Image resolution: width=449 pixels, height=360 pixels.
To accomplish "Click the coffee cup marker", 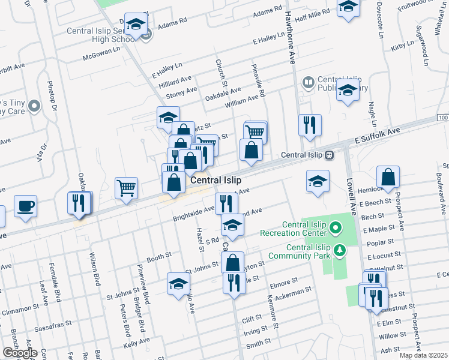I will [x=25, y=206].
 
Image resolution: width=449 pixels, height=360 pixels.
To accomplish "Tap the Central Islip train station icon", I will [x=329, y=155].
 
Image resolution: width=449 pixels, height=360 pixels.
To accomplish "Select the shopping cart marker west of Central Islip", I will [x=127, y=188].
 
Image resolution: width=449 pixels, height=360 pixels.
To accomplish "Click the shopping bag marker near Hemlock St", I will [x=388, y=177].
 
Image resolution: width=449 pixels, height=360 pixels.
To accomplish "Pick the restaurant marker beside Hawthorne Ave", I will [x=310, y=125].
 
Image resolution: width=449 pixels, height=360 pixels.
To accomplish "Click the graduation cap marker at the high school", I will [x=136, y=24].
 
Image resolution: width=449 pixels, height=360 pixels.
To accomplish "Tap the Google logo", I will [x=20, y=353].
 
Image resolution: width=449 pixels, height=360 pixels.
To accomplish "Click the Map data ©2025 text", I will [x=423, y=355].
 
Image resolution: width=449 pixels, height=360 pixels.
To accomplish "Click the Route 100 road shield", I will [x=442, y=118].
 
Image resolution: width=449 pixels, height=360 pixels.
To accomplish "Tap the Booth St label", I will [x=159, y=256].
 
